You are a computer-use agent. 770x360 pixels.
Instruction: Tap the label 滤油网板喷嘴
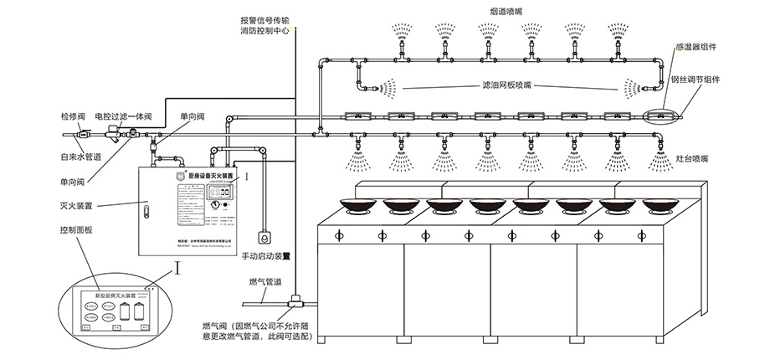[x=502, y=85]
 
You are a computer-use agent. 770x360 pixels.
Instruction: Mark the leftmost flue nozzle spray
[x=399, y=33]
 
